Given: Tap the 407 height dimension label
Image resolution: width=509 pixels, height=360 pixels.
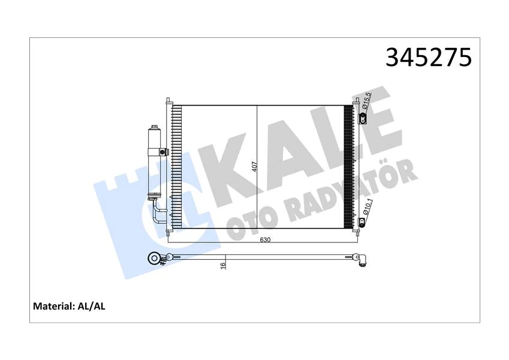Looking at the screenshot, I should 255,166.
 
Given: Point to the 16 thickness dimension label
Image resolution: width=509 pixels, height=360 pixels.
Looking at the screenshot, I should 222,265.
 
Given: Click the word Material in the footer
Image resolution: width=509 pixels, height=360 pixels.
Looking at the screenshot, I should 53,306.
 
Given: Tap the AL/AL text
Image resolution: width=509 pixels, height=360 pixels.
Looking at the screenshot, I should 92,306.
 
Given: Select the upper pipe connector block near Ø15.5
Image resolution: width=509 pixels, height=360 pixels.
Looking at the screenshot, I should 363,118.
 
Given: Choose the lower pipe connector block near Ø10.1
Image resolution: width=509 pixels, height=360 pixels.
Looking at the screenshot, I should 363,224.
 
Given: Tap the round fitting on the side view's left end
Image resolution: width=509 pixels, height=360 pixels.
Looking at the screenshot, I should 154,259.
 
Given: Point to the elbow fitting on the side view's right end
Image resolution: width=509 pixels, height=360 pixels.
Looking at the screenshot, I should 363,260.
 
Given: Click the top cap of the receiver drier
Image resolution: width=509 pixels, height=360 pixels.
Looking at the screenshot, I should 154,128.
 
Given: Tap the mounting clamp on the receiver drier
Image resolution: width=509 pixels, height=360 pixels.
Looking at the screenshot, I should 160,151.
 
